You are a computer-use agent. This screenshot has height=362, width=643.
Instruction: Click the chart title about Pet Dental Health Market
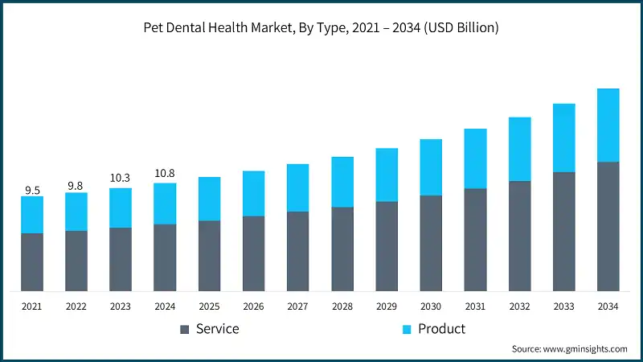[321, 28]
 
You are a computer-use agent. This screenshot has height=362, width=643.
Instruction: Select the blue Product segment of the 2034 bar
[608, 125]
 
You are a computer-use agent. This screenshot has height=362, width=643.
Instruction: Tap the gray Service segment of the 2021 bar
[32, 262]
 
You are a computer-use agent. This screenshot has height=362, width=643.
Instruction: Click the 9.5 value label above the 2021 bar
[32, 191]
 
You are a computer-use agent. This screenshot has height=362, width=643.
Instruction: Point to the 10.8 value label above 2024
[165, 173]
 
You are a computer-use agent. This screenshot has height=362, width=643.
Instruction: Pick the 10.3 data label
[121, 178]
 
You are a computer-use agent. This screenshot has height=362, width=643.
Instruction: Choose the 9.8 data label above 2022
[76, 186]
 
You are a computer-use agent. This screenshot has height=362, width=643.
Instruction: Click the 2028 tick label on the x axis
[342, 306]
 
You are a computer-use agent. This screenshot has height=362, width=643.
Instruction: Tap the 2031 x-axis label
[475, 306]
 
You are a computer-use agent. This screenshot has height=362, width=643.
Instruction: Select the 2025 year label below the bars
[209, 306]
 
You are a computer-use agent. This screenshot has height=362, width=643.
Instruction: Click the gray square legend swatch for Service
[185, 329]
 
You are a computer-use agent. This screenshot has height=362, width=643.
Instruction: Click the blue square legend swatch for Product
[407, 329]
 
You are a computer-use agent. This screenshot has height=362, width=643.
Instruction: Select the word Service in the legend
[217, 329]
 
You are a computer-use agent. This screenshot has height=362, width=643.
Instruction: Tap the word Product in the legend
[441, 329]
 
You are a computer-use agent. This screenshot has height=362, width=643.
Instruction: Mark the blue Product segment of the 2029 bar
[387, 175]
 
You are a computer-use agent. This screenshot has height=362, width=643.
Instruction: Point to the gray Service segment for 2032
[519, 236]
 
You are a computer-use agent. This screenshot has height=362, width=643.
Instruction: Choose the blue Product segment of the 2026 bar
[253, 193]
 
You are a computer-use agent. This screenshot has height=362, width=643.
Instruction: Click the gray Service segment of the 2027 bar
[297, 251]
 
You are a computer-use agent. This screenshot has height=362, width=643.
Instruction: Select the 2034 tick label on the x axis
[608, 306]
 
